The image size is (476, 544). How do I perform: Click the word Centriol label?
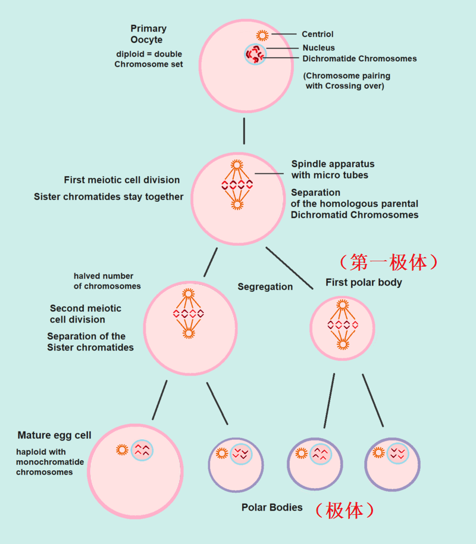pyautogui.click(x=317, y=35)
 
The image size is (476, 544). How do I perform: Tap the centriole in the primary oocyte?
pyautogui.click(x=262, y=35)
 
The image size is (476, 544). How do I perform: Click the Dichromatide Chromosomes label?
pyautogui.click(x=359, y=58)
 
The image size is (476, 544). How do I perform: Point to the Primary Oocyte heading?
pyautogui.click(x=148, y=34)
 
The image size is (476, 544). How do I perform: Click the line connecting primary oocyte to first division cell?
pyautogui.click(x=244, y=131)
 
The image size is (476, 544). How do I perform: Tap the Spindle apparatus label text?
pyautogui.click(x=333, y=169)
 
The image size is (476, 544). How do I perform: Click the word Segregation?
pyautogui.click(x=265, y=287)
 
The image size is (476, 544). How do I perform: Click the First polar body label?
pyautogui.click(x=364, y=282)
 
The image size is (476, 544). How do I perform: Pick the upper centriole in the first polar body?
pyautogui.click(x=342, y=305)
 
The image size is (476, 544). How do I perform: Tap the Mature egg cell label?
pyautogui.click(x=54, y=435)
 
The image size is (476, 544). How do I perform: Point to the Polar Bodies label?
pyautogui.click(x=272, y=508)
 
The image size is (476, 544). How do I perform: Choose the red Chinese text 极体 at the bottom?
pyautogui.click(x=345, y=509)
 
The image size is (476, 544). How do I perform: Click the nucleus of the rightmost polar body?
pyautogui.click(x=397, y=454)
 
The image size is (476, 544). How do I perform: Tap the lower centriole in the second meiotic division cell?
pyautogui.click(x=188, y=333)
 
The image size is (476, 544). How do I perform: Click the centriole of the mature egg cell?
pyautogui.click(x=123, y=450)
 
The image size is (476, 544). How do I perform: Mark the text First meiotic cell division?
pyautogui.click(x=122, y=180)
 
